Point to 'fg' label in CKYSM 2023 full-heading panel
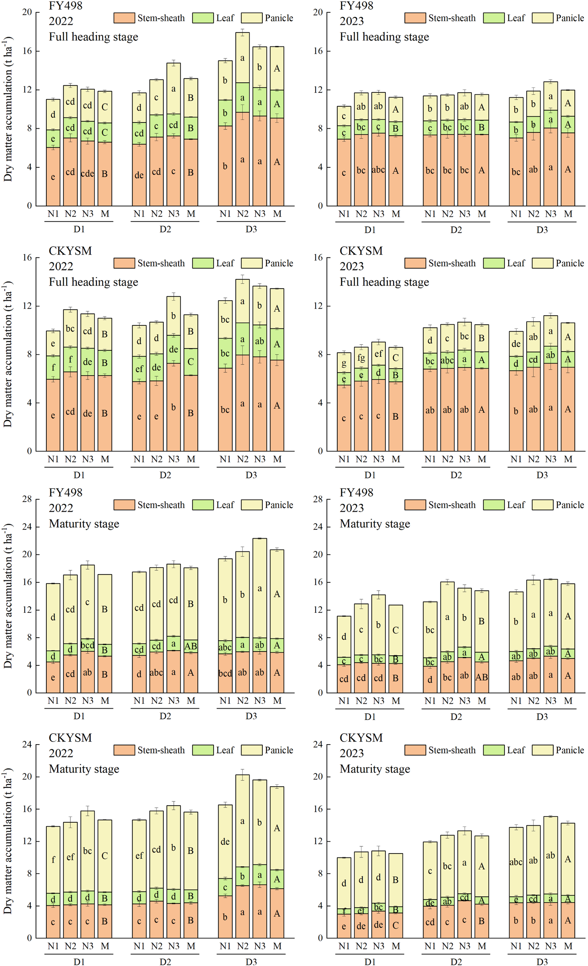[x=361, y=357]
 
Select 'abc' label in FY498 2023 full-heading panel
[x=378, y=170]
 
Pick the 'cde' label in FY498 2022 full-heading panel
[x=87, y=173]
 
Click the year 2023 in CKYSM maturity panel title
[x=352, y=753]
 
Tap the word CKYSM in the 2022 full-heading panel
[x=70, y=250]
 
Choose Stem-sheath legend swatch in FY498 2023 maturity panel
[x=415, y=505]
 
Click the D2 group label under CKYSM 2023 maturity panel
[x=456, y=962]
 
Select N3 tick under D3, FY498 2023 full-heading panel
[x=551, y=214]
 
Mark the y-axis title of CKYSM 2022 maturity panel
[x=8, y=841]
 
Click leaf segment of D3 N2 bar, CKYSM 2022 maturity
[x=242, y=876]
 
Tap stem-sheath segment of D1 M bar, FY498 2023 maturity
[x=396, y=677]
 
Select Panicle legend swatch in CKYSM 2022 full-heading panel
[x=251, y=263]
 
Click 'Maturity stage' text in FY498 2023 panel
[x=375, y=524]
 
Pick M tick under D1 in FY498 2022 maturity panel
[x=105, y=701]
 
